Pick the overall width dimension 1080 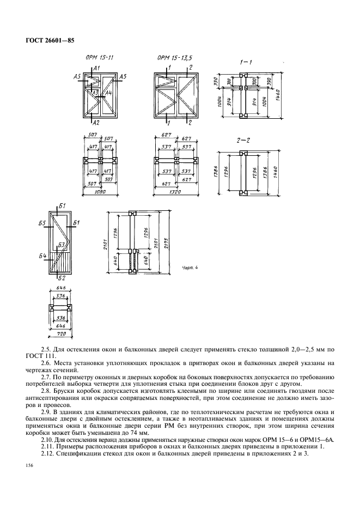coord(99,192)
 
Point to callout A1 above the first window coord(96,68)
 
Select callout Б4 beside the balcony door coord(42,255)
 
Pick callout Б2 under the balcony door coord(62,278)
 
